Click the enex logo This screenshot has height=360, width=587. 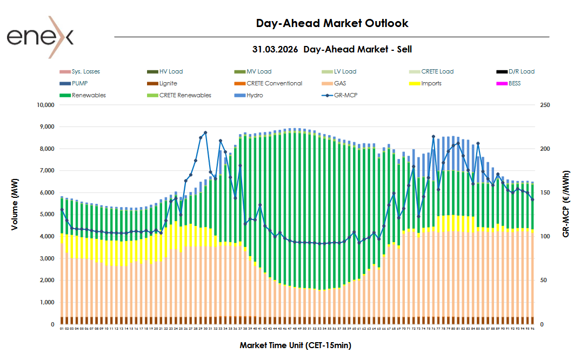click(x=40, y=37)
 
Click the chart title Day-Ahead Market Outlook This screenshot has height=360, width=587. click(x=332, y=23)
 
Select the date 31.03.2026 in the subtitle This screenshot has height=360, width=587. click(x=275, y=49)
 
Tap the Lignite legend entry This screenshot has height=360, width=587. click(x=168, y=83)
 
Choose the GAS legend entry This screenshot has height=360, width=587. click(x=340, y=83)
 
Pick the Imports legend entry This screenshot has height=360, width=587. click(x=431, y=83)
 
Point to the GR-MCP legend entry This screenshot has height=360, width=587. click(x=345, y=95)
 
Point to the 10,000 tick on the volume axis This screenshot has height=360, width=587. click(x=44, y=105)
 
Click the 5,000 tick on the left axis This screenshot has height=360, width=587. click(x=46, y=215)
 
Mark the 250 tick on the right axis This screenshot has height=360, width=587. click(x=545, y=105)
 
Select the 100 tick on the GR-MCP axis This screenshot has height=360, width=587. click(x=545, y=237)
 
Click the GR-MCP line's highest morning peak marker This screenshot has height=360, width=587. click(x=205, y=132)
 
